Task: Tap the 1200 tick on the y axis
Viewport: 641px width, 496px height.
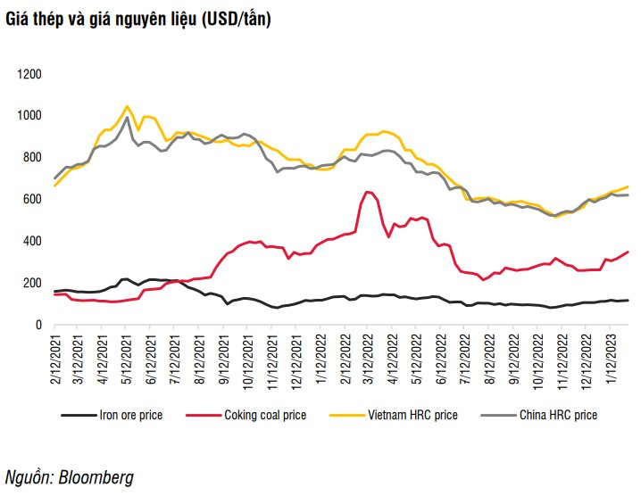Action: click(x=29, y=74)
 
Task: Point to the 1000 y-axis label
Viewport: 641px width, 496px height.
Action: click(x=29, y=116)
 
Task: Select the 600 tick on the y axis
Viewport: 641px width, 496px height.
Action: click(x=33, y=200)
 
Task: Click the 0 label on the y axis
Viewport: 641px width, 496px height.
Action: click(x=39, y=326)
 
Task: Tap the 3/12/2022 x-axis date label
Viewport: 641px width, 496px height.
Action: click(x=367, y=356)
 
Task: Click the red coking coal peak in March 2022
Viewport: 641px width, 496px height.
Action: click(x=367, y=192)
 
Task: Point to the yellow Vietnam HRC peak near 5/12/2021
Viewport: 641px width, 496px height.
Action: click(x=127, y=106)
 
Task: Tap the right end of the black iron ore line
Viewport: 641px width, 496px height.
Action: click(x=629, y=300)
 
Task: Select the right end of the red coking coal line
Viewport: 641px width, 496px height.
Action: click(x=629, y=252)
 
